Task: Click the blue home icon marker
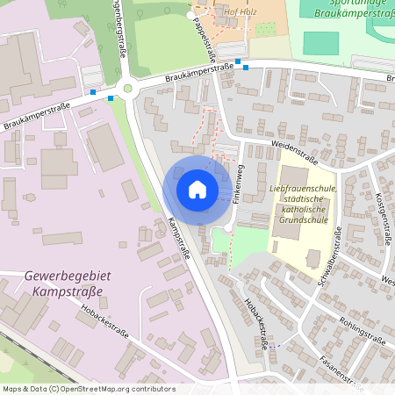tap(197, 190)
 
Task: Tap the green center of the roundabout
tap(128, 87)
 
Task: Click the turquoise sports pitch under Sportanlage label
tap(320, 42)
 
